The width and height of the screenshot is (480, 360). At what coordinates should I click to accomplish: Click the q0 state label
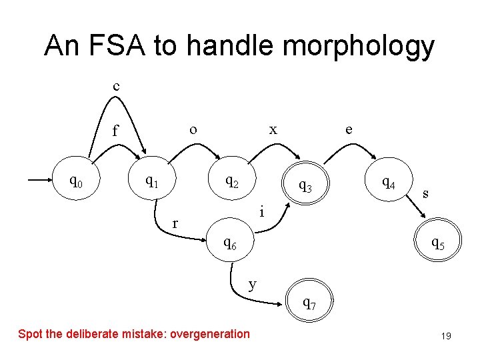point(77,181)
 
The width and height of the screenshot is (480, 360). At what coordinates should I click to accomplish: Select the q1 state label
point(153,181)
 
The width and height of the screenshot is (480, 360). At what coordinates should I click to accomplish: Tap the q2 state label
point(232,181)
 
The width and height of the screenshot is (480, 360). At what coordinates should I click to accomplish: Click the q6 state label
point(230,244)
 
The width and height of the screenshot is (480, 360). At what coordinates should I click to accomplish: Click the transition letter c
point(117,86)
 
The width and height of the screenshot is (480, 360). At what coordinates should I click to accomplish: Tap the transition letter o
point(193,129)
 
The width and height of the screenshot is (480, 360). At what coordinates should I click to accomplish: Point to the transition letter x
point(273,129)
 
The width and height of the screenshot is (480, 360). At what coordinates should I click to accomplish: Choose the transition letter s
point(425,194)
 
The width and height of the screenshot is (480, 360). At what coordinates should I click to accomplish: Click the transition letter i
point(263,212)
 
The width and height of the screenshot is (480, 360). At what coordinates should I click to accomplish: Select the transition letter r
point(175,224)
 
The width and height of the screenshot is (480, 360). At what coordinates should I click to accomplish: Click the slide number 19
point(446,336)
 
